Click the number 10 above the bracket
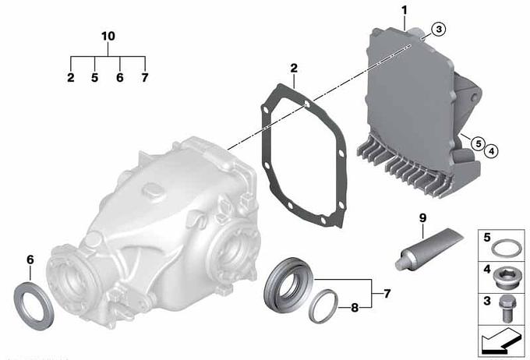[x=108, y=36]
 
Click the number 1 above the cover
[x=405, y=10]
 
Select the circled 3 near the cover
[x=439, y=29]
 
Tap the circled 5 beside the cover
[x=479, y=143]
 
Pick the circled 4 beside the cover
[x=492, y=151]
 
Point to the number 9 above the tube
[x=423, y=218]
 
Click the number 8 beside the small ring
[x=355, y=308]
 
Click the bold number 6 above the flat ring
[x=30, y=259]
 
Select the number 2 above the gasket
[x=294, y=68]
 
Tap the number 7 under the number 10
[x=145, y=78]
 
